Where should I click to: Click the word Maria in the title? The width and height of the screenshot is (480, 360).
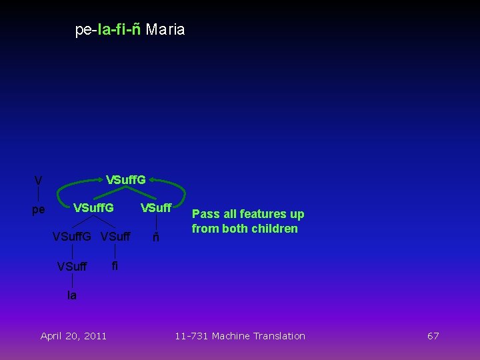(x=165, y=30)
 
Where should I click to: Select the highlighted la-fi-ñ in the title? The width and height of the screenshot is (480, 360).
(x=119, y=30)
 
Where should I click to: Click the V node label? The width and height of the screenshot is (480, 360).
(x=39, y=181)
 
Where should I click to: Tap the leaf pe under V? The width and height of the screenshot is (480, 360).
(x=39, y=210)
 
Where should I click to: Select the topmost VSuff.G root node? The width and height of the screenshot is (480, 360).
(x=126, y=179)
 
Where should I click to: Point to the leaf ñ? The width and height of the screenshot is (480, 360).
(x=155, y=238)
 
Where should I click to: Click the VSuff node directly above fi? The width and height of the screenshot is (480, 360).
(x=115, y=237)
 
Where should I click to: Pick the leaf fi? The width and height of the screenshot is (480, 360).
(x=115, y=265)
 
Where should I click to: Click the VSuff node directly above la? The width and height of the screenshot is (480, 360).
(x=72, y=267)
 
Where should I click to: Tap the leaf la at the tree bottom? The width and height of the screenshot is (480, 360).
(x=72, y=295)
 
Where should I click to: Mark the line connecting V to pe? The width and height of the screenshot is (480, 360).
(x=39, y=195)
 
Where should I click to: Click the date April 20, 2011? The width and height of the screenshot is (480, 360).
(x=73, y=336)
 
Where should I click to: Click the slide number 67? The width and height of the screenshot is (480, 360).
(x=433, y=336)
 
